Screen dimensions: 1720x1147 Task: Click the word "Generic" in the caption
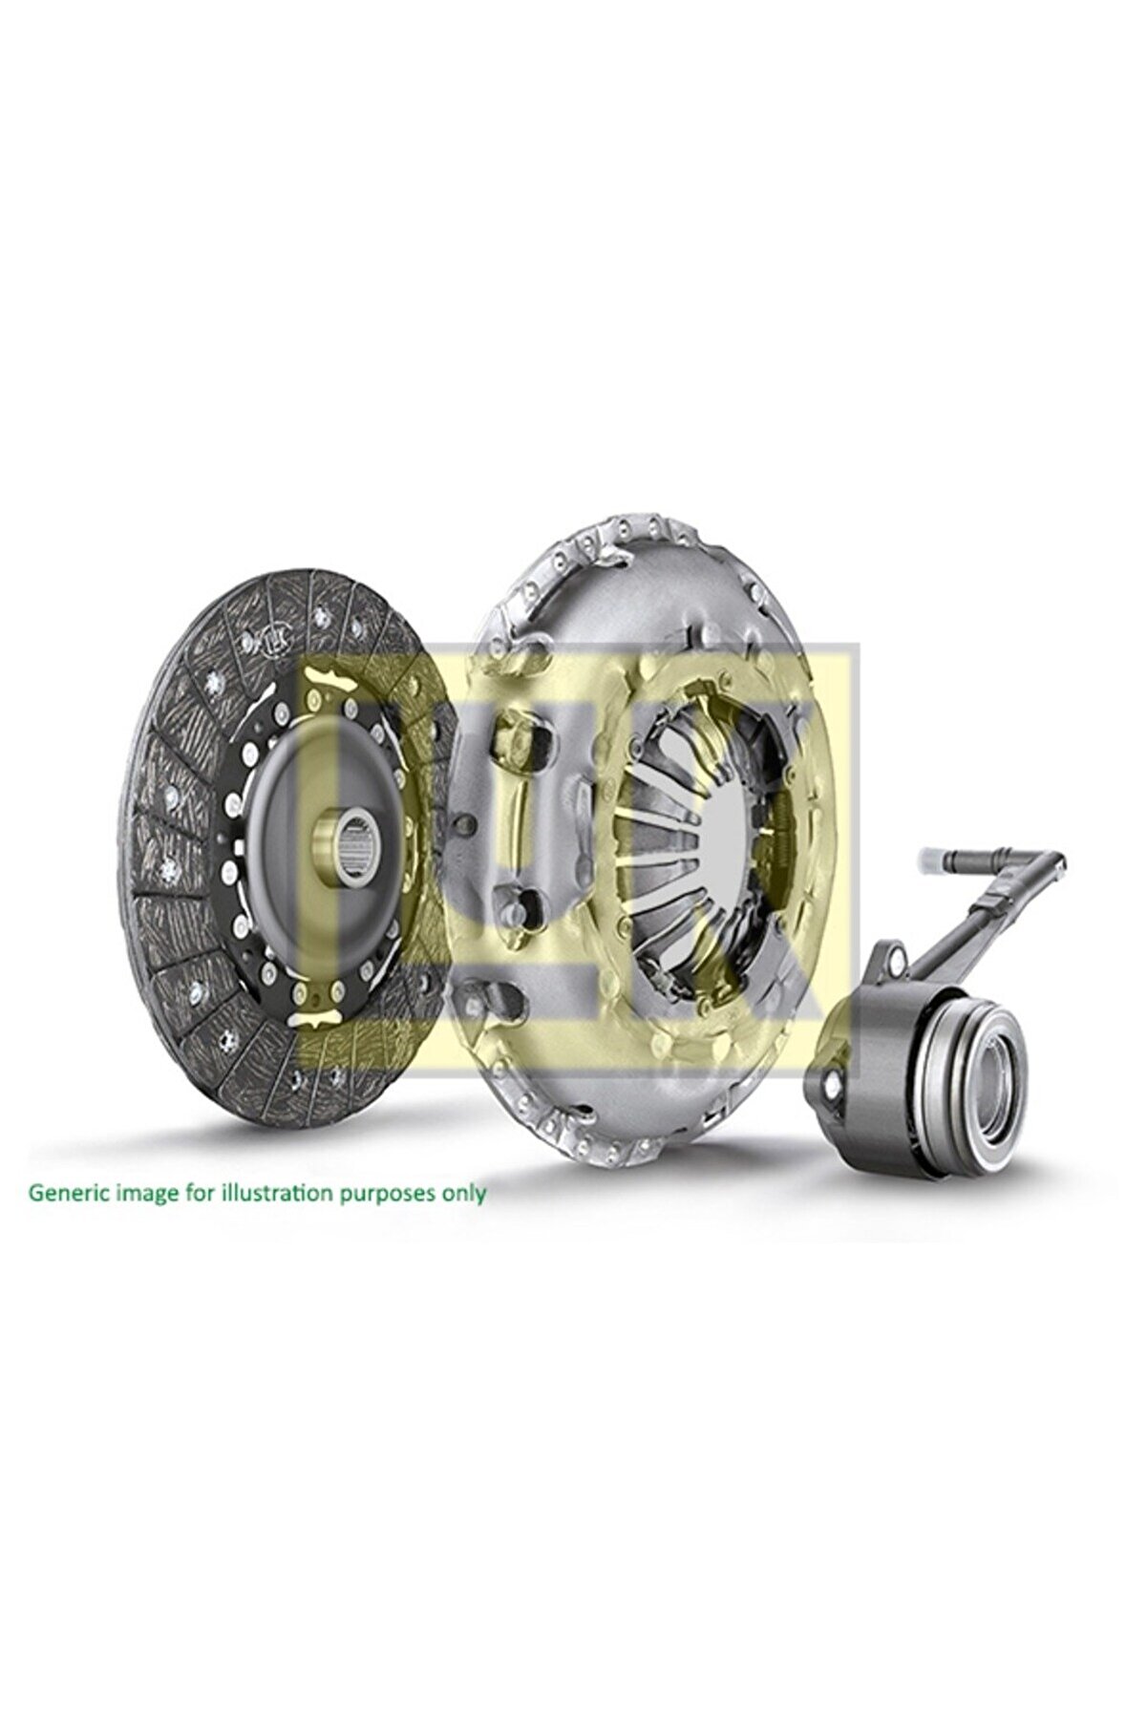[x=67, y=1193]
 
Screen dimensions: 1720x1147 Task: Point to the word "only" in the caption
[x=467, y=1193]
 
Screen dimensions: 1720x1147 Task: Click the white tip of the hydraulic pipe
[x=933, y=861]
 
